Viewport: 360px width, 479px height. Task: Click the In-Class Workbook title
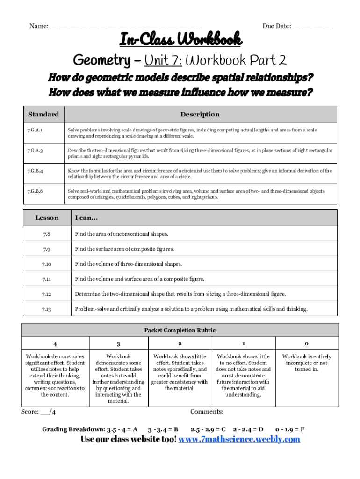pos(180,40)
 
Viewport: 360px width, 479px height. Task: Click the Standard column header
pos(43,114)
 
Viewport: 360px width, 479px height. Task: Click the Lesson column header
pos(47,218)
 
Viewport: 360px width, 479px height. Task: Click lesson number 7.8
pos(47,234)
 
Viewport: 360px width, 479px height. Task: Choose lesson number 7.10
pos(47,264)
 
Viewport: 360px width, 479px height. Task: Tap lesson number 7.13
pos(47,309)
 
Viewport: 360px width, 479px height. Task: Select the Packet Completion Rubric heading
pos(180,330)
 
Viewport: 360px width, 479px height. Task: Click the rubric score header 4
pos(56,344)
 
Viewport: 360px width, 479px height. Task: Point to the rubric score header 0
pos(306,343)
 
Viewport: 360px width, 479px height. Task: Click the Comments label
pos(207,412)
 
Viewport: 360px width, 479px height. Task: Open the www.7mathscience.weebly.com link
pos(239,439)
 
